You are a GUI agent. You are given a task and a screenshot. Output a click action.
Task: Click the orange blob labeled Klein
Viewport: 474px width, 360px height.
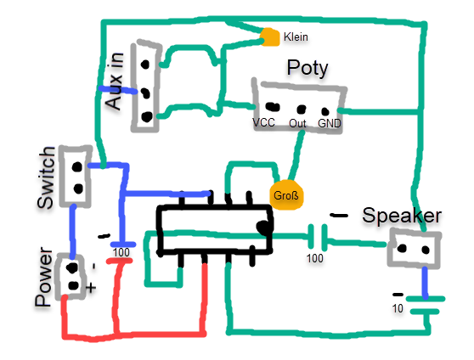click(x=270, y=37)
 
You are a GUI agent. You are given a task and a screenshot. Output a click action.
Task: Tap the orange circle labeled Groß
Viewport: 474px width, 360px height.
click(x=286, y=195)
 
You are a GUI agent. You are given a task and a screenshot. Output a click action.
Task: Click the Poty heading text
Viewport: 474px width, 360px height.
click(x=308, y=68)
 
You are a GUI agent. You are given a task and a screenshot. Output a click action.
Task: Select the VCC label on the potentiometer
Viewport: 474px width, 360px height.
click(x=263, y=122)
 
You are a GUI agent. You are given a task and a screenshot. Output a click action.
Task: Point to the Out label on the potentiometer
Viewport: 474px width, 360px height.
click(x=297, y=123)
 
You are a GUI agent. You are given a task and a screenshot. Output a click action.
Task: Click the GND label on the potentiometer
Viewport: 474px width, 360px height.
click(x=330, y=123)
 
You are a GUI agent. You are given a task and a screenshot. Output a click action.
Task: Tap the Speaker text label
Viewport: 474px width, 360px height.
click(x=402, y=216)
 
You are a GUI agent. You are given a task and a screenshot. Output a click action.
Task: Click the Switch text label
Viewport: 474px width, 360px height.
click(x=46, y=177)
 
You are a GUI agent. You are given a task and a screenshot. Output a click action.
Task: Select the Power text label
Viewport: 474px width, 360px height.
click(x=43, y=277)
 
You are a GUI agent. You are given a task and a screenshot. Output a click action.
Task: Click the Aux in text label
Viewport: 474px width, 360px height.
click(x=115, y=81)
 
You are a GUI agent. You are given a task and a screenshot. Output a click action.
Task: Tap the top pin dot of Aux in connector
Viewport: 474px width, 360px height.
click(x=145, y=65)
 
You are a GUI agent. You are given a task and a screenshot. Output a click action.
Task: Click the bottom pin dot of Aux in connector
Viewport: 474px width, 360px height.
click(x=147, y=116)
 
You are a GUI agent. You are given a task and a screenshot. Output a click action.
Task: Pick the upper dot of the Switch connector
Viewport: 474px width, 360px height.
click(x=77, y=166)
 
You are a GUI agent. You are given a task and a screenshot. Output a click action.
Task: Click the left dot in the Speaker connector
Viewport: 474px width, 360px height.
click(x=402, y=249)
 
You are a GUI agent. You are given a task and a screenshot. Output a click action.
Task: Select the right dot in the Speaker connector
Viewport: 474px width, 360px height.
click(x=426, y=250)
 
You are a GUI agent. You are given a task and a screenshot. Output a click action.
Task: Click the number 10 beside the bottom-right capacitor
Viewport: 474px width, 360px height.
click(x=398, y=308)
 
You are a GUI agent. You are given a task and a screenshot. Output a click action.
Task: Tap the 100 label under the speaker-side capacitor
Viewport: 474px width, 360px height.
click(x=314, y=258)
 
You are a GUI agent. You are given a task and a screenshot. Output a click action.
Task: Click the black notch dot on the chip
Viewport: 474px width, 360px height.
click(x=263, y=228)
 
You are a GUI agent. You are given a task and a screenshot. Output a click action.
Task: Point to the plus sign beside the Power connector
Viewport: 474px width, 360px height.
click(x=91, y=288)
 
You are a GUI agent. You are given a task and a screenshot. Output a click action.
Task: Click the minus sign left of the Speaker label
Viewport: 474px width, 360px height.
click(x=339, y=216)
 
